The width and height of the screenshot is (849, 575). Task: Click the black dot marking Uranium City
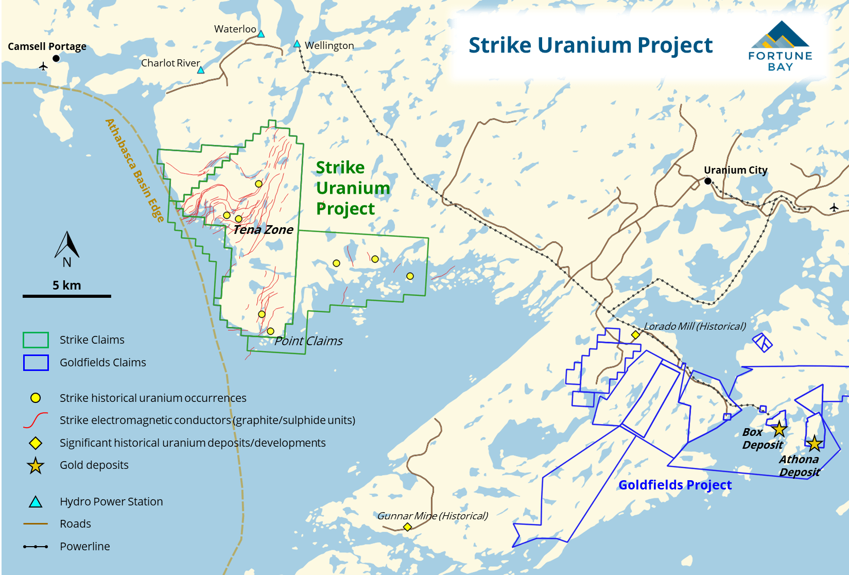point(708,181)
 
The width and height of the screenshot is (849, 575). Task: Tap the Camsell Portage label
point(47,46)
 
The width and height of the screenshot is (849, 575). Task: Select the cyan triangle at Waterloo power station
point(261,34)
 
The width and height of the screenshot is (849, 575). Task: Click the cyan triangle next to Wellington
point(297,44)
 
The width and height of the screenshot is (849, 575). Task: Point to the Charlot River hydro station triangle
point(201,70)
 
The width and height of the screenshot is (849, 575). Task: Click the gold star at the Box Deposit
point(779,429)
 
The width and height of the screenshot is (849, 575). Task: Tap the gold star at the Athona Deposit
point(814,443)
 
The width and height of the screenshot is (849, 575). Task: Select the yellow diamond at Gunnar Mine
point(407,527)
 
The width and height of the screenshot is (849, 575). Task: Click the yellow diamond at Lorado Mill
point(635,335)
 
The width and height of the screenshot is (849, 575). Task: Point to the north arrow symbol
point(67,246)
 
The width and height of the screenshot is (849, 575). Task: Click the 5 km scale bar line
point(67,296)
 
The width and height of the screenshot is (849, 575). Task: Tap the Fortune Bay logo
point(780,46)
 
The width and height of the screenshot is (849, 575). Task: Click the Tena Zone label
point(263,230)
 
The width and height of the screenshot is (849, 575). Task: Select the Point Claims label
point(308,341)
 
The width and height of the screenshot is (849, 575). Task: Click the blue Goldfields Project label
point(674,485)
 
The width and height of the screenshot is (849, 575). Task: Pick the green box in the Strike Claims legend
point(36,340)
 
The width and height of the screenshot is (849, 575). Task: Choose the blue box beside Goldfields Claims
point(36,363)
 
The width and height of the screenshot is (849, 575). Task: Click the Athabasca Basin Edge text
point(134,171)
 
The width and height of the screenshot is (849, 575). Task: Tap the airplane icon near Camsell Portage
point(43,66)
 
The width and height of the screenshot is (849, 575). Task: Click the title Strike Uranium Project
point(590,45)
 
